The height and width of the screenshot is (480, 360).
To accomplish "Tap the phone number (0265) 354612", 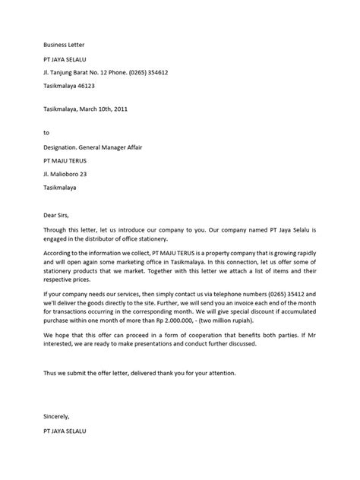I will tap(147, 72).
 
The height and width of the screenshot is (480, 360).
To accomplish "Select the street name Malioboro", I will tap(70, 173).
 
